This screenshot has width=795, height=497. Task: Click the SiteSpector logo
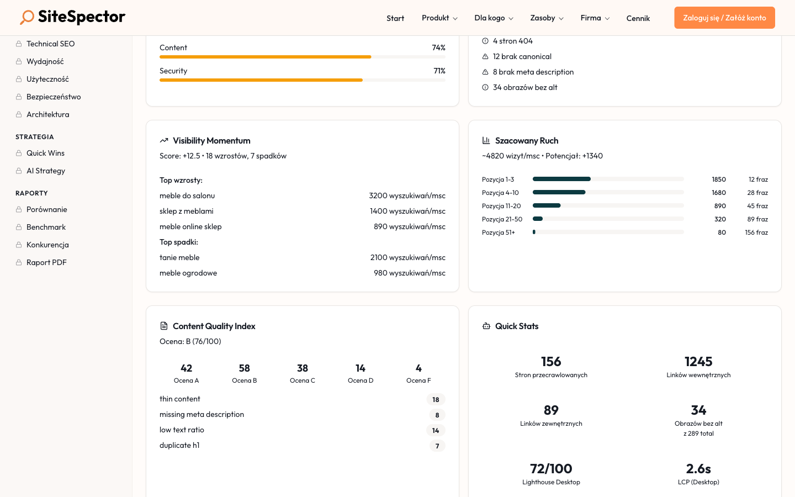pyautogui.click(x=73, y=17)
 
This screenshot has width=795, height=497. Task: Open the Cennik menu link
pyautogui.click(x=638, y=18)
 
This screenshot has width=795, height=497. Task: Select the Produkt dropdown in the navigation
pyautogui.click(x=439, y=18)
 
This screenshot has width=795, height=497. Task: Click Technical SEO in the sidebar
pyautogui.click(x=50, y=44)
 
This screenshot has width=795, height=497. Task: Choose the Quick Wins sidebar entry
pyautogui.click(x=45, y=153)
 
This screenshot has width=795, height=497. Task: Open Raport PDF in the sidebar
pyautogui.click(x=46, y=262)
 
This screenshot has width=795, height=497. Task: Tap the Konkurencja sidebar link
pyautogui.click(x=47, y=245)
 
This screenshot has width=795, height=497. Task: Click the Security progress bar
pyautogui.click(x=302, y=80)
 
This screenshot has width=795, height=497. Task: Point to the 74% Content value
pyautogui.click(x=438, y=48)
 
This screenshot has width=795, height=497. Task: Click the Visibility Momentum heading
pyautogui.click(x=211, y=141)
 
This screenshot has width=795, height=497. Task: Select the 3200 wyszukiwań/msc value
pyautogui.click(x=407, y=195)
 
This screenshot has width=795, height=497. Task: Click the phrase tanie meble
pyautogui.click(x=179, y=257)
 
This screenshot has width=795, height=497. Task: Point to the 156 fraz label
pyautogui.click(x=756, y=232)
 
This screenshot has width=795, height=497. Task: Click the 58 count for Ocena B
pyautogui.click(x=244, y=368)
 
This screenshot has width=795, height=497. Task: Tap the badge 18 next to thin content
pyautogui.click(x=436, y=399)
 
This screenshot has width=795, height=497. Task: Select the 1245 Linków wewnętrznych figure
pyautogui.click(x=698, y=362)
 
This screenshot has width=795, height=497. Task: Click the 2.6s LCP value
pyautogui.click(x=698, y=469)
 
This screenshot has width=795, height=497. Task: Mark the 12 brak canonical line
pyautogui.click(x=522, y=56)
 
